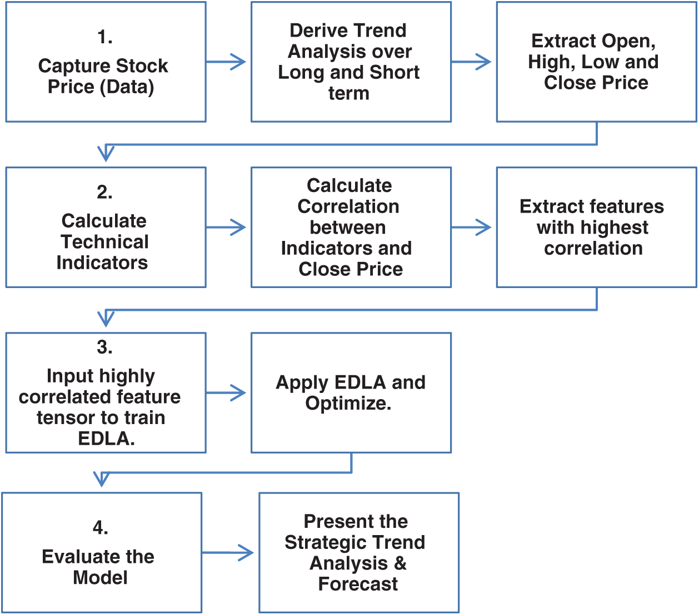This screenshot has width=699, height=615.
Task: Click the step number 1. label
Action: (x=104, y=37)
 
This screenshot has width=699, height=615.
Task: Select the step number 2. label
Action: (x=104, y=192)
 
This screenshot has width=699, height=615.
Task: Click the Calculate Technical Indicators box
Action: (x=106, y=241)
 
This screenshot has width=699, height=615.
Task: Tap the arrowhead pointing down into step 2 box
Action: (x=106, y=153)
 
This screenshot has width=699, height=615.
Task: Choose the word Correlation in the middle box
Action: (x=348, y=206)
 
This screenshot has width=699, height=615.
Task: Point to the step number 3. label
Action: (x=104, y=347)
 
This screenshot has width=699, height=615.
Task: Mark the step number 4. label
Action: (x=100, y=528)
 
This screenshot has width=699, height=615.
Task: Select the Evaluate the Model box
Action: (x=101, y=567)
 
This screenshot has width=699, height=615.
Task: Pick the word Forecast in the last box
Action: (x=358, y=584)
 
